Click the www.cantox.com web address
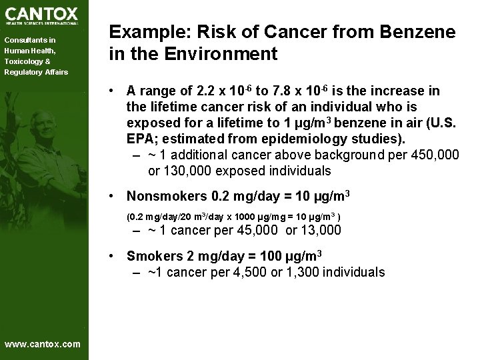(42, 344)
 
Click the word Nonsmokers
(167, 197)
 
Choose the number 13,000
(319, 231)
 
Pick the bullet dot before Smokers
(116, 256)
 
